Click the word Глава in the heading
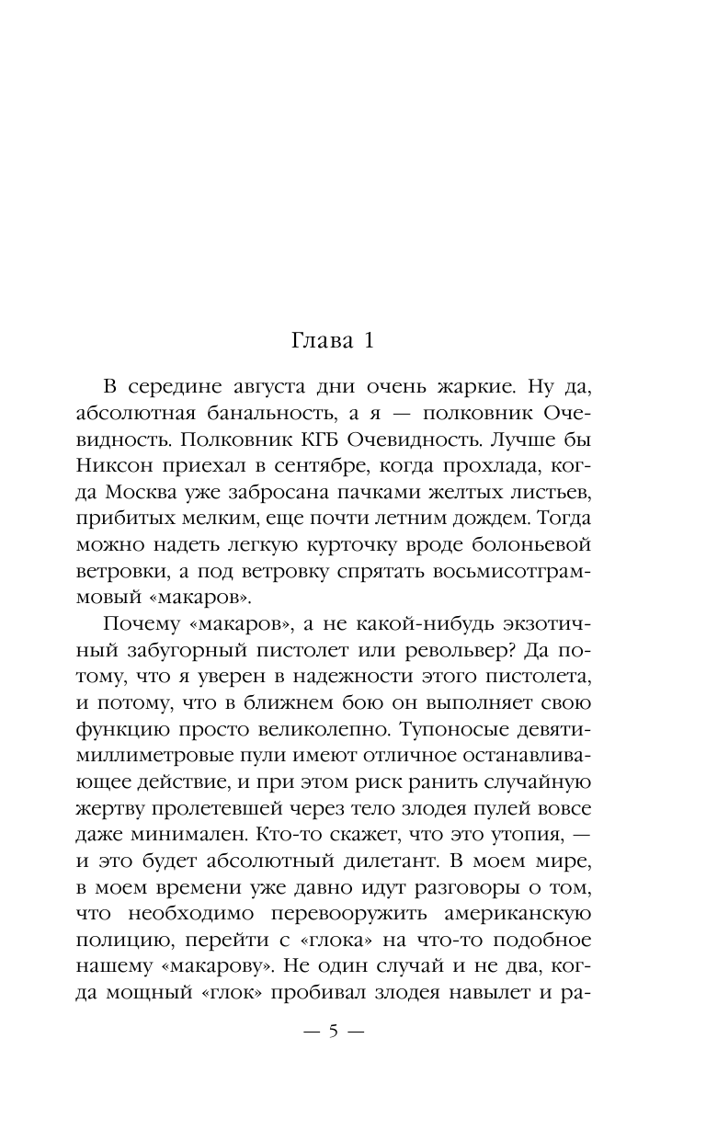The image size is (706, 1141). pyautogui.click(x=318, y=341)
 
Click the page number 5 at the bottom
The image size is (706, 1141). pyautogui.click(x=334, y=1032)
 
